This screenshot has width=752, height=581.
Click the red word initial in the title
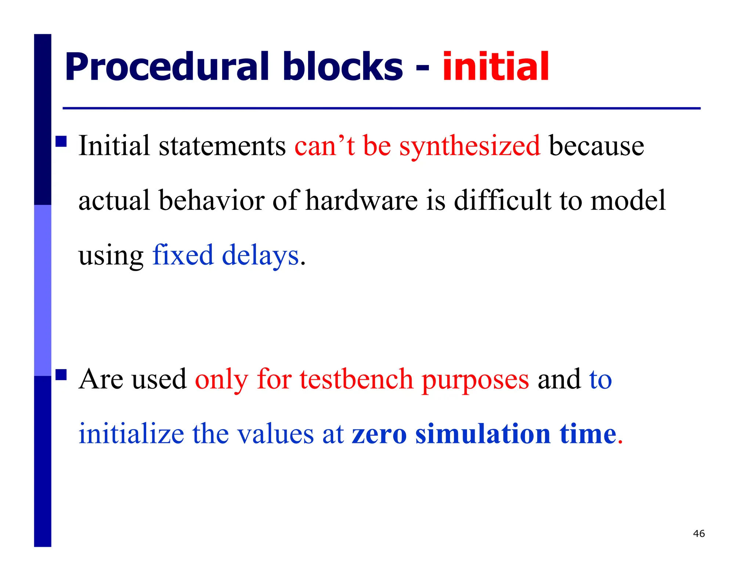pos(495,67)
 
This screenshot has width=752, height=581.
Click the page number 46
pos(699,534)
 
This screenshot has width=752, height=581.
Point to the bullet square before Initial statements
pos(61,141)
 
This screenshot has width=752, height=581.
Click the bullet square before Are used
pos(61,375)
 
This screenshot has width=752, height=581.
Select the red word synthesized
pos(470,146)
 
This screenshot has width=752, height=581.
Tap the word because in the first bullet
pos(596,146)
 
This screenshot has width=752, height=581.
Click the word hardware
pos(362,201)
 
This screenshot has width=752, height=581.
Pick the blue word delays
pos(260,255)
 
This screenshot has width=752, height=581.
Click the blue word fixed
pos(182,255)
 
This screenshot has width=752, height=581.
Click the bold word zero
pos(379,434)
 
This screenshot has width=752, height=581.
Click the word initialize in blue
pos(131,434)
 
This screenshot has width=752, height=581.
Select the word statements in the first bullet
pos(222,146)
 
